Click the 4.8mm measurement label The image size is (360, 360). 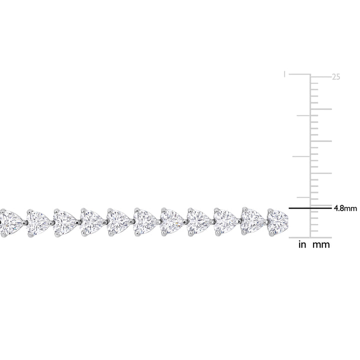tap(345, 208)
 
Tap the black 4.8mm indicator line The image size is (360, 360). tap(310, 208)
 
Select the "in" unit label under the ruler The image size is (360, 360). tap(302, 244)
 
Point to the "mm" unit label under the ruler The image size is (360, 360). tap(321, 245)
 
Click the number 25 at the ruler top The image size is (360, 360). tap(336, 77)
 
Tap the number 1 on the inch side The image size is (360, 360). tap(284, 74)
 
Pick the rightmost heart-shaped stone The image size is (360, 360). tap(277, 222)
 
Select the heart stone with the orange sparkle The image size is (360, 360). tap(171, 222)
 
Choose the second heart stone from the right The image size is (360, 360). tap(252, 221)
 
